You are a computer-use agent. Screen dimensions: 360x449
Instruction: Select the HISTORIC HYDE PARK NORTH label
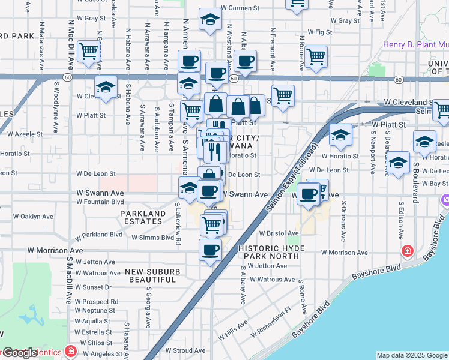(271, 252)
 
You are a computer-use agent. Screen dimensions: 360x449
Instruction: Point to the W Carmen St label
(243, 8)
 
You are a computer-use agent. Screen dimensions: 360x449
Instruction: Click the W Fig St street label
(319, 32)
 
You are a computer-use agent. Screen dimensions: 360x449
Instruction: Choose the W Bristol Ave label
(279, 233)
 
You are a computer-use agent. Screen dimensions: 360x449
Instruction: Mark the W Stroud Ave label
(185, 350)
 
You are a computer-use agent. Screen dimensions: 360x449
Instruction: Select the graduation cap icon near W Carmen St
(210, 21)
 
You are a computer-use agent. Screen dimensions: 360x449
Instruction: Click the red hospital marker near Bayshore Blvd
(407, 250)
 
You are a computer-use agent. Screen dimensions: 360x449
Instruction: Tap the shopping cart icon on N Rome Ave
(316, 57)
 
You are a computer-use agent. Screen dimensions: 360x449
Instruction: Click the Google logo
(20, 353)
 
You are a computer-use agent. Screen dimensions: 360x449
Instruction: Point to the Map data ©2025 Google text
(412, 355)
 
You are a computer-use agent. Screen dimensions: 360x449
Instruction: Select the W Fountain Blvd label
(100, 202)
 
